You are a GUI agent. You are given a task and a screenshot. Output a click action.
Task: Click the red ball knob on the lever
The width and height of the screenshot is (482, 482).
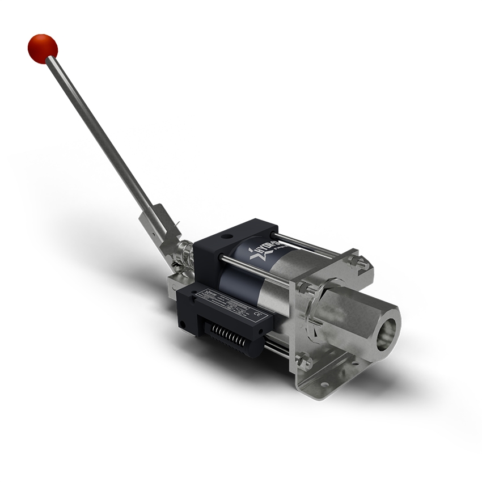(x=43, y=48)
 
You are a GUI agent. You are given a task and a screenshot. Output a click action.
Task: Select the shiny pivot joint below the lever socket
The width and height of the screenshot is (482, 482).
(x=185, y=252)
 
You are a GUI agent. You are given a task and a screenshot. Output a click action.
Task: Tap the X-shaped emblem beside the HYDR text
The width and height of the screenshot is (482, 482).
(x=250, y=254)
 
